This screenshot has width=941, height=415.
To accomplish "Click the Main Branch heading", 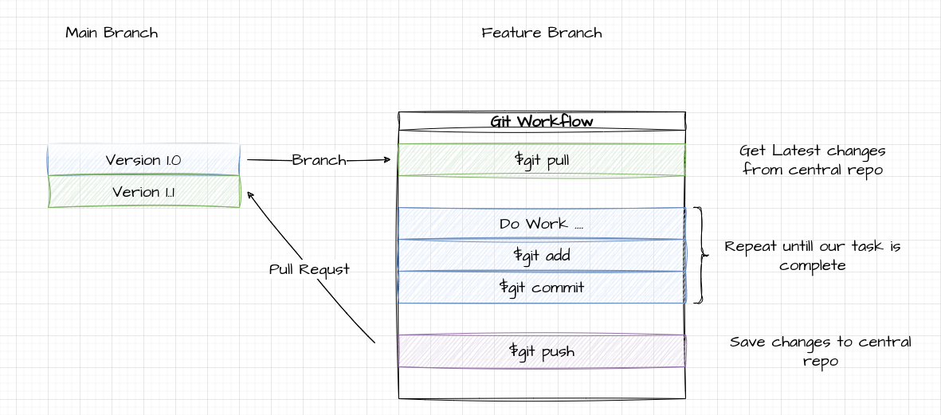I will [x=112, y=33].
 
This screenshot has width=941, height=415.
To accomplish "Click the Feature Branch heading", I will [x=542, y=33].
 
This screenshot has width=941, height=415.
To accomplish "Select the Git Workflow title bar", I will [x=542, y=121].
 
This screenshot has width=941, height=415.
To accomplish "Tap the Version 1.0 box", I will [x=143, y=160].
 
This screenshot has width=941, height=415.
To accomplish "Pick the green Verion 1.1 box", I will [x=143, y=192].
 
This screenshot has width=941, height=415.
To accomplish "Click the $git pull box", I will [x=542, y=160].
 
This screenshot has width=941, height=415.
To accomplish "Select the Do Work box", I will [x=542, y=224].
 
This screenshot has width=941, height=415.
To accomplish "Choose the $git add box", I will [x=542, y=256].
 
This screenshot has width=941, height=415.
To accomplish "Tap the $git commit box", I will [x=542, y=288].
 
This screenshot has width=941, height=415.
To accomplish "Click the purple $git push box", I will [x=542, y=351].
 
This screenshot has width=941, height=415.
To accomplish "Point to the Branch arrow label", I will [x=319, y=160].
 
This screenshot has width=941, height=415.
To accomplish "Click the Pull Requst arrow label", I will [x=309, y=269].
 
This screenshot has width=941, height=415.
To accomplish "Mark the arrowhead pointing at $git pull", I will [x=387, y=160].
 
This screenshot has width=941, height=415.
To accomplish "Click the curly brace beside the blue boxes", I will [x=700, y=256].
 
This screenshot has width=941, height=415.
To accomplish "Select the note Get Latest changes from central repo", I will [x=813, y=160].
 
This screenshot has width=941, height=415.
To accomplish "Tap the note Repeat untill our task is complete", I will [x=813, y=256].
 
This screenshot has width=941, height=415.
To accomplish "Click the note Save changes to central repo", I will [x=821, y=351].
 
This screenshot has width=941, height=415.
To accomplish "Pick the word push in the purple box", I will [x=558, y=351].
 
